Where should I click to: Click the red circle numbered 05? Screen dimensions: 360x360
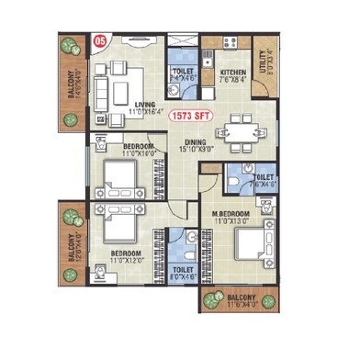tap(102, 41)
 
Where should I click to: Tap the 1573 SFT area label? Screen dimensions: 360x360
tap(192, 115)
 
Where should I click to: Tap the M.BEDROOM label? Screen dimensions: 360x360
tap(233, 214)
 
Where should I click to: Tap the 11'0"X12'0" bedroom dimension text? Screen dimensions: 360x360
tap(127, 261)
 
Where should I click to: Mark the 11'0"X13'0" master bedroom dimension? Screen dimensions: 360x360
tap(233, 222)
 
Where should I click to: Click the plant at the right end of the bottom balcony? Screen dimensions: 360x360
tap(268, 300)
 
